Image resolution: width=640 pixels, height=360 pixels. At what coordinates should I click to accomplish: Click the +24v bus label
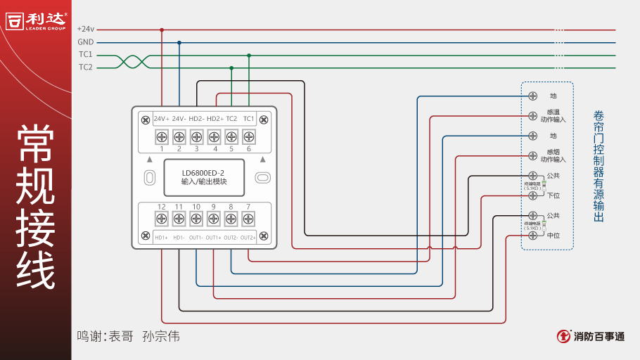click(x=85, y=30)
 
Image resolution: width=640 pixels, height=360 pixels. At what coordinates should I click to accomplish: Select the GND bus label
click(x=86, y=42)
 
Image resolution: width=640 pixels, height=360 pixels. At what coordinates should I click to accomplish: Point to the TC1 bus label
click(x=86, y=55)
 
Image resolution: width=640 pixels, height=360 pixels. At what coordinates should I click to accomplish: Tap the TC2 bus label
click(x=86, y=67)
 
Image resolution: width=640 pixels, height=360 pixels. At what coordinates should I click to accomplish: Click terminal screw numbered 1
click(x=161, y=136)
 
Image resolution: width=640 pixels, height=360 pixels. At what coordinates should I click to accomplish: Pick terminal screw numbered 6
click(x=248, y=136)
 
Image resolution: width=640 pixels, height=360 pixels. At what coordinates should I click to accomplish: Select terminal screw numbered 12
click(x=161, y=219)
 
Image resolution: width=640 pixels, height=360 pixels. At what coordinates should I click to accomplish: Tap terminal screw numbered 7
click(x=248, y=219)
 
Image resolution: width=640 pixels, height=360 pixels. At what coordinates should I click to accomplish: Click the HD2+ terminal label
click(x=215, y=119)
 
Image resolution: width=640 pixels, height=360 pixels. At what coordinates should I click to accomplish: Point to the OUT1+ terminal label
click(x=213, y=238)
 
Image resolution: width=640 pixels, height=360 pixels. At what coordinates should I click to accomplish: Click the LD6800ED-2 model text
click(x=203, y=172)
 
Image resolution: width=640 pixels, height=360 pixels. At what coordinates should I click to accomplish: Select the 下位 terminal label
click(x=553, y=195)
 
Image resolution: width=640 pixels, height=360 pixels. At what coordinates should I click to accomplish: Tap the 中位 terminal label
click(x=553, y=236)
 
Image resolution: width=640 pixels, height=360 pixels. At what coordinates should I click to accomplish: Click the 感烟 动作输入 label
click(x=553, y=155)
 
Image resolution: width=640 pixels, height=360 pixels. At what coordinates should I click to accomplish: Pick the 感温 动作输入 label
click(x=553, y=115)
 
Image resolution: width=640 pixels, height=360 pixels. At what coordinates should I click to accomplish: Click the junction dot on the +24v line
click(x=162, y=30)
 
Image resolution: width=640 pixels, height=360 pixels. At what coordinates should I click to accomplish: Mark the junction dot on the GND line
click(x=179, y=42)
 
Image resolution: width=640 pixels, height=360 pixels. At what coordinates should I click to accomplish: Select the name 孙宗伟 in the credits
click(x=161, y=336)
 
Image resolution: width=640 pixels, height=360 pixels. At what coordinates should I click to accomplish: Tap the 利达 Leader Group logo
click(x=37, y=20)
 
